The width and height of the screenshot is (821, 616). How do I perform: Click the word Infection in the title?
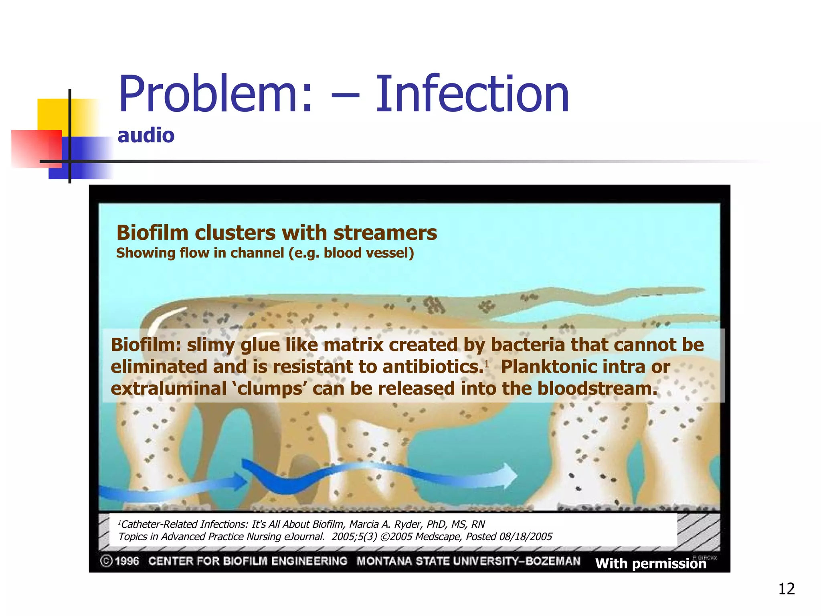(472, 95)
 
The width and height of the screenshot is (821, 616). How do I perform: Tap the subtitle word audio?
(146, 136)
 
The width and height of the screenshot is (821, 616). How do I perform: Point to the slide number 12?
(786, 589)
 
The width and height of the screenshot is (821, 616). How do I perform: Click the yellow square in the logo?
(52, 114)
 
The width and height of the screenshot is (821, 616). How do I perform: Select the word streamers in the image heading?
(385, 233)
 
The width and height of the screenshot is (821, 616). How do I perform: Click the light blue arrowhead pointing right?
(509, 476)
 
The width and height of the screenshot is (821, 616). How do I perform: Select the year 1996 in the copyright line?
(127, 561)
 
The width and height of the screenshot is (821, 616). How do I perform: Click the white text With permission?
(650, 563)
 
